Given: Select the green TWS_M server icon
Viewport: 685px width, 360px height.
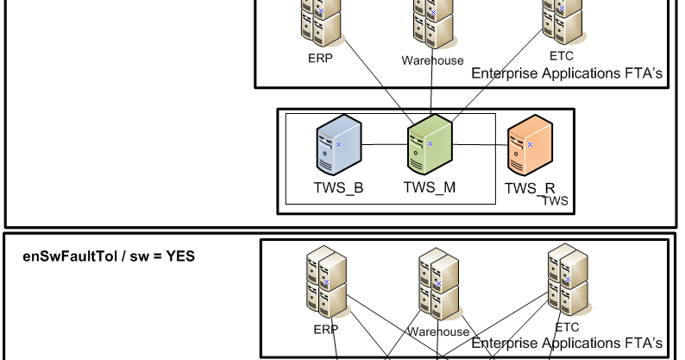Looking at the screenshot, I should [430, 144].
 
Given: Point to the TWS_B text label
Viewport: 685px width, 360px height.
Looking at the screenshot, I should [337, 187].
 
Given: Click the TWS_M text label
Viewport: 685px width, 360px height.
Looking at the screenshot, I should [429, 187].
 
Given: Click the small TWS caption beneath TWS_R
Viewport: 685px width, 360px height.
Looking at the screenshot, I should [555, 200].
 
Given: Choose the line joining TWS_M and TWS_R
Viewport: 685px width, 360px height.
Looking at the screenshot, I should [480, 146].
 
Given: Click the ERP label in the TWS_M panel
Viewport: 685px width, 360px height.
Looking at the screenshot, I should [320, 59].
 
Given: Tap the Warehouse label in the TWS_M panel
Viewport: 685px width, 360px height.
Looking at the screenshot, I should [432, 60].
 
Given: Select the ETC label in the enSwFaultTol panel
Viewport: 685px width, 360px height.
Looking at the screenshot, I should [567, 327].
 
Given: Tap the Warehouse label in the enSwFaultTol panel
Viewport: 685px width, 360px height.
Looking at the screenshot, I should [438, 332].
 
